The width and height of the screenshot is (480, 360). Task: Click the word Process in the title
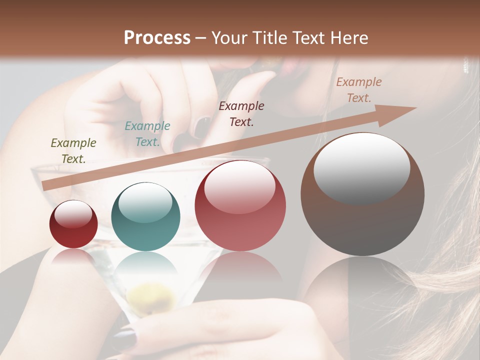[157, 38]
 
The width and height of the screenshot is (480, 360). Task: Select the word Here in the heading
[348, 38]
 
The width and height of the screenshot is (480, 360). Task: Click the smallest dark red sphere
[73, 224]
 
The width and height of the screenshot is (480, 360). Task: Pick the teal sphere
[145, 216]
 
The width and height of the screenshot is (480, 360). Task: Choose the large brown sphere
[362, 194]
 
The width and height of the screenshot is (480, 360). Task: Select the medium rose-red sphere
[240, 205]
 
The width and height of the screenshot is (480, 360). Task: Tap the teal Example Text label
[147, 134]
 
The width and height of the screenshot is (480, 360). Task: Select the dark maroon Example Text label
[241, 113]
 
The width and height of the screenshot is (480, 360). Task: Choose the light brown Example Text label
[359, 90]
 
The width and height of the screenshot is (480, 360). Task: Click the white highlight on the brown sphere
[362, 167]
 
